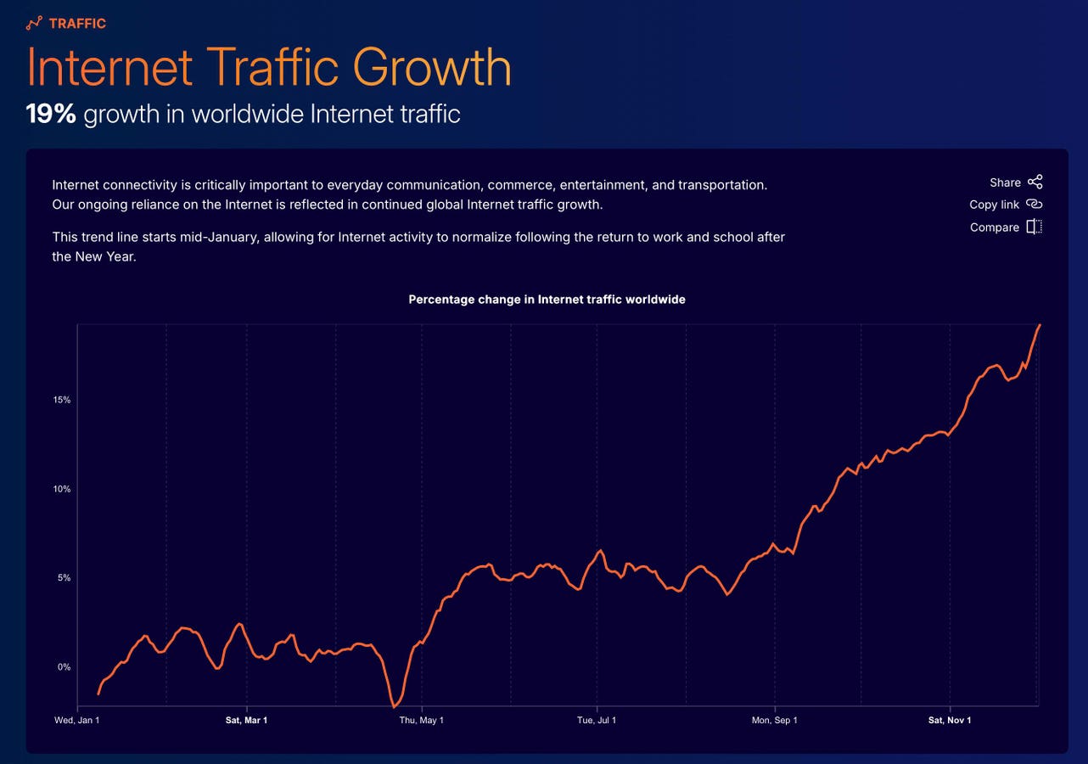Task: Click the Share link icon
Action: coord(1035,182)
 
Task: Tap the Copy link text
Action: coord(994,205)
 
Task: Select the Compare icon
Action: coord(1034,227)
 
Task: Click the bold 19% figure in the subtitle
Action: coord(51,114)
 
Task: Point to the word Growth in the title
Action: coord(432,67)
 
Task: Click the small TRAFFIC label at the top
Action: coord(77,23)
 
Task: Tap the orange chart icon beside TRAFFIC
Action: coord(34,23)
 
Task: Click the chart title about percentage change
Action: coord(547,300)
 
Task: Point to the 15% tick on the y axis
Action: coord(62,400)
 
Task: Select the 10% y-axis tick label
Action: coord(62,489)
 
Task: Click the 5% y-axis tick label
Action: coord(64,578)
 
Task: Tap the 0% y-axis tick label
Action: coord(64,667)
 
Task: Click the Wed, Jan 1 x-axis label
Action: coord(77,721)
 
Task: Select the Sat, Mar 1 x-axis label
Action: coord(246,721)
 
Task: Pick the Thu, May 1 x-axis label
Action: coord(421,721)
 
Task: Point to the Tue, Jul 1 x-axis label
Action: coord(597,721)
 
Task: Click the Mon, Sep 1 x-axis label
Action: coord(775,721)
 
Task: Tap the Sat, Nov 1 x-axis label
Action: coord(950,721)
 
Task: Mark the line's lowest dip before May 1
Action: coord(394,706)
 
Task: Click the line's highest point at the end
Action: coord(1040,325)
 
